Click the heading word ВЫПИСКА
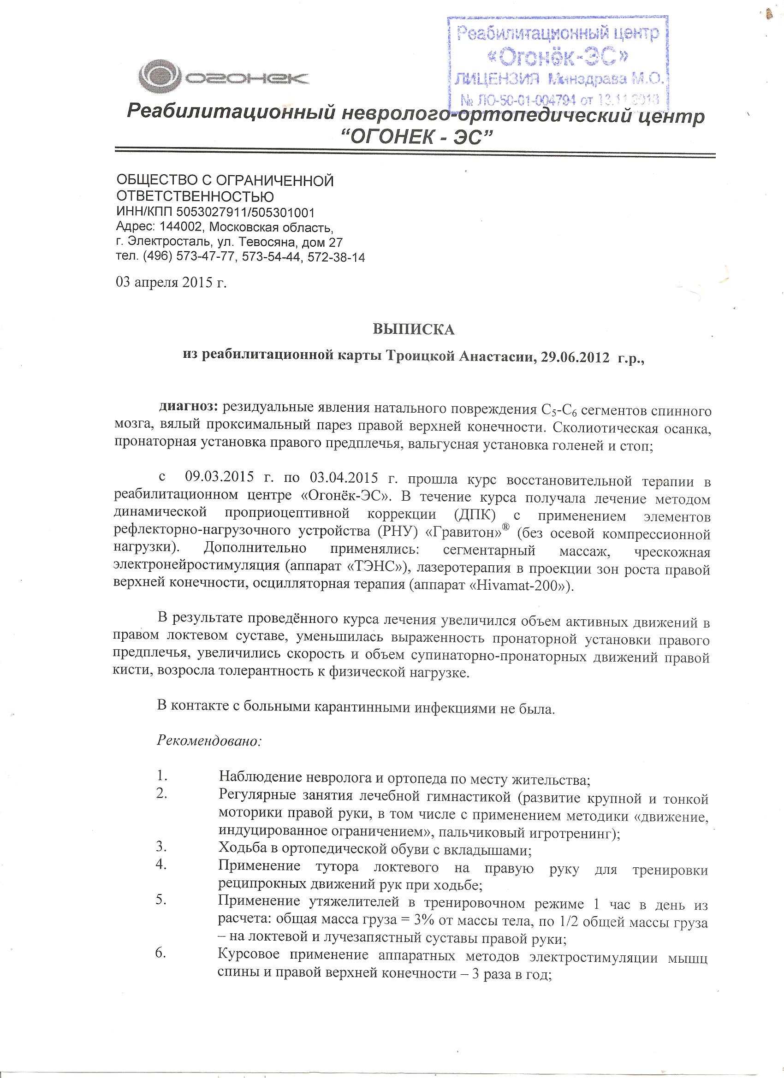tap(414, 329)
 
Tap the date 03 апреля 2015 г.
tap(171, 283)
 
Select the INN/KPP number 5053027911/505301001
tap(245, 212)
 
